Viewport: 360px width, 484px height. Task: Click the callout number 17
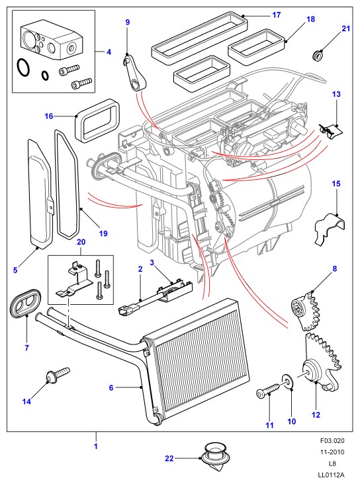(x=277, y=15)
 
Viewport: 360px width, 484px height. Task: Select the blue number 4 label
(x=109, y=52)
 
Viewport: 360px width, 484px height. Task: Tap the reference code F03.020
(x=332, y=440)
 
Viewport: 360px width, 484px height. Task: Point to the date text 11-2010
(x=332, y=452)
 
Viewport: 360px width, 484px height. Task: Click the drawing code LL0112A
(x=332, y=475)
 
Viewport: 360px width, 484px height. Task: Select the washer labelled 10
(x=288, y=383)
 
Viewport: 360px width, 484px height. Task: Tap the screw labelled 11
(x=267, y=390)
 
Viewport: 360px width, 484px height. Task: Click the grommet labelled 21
(x=317, y=56)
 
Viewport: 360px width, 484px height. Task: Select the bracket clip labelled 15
(x=330, y=228)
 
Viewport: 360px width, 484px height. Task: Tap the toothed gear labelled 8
(x=304, y=310)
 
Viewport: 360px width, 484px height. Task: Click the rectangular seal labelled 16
(x=97, y=121)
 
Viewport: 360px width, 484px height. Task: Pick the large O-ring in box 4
(x=23, y=67)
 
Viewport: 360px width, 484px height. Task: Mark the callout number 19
(x=103, y=233)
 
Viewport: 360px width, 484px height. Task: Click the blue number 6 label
(x=111, y=387)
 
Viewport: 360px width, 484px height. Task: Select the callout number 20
(x=81, y=242)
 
